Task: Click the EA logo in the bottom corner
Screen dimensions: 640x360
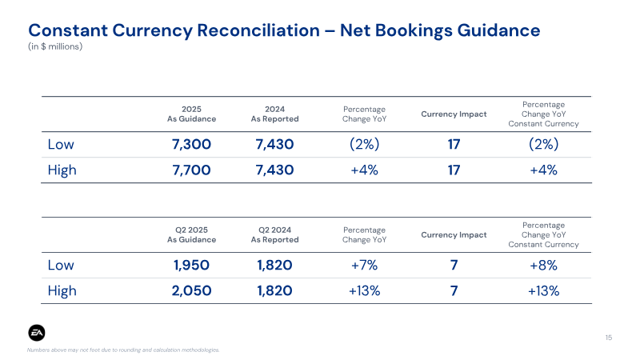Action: coord(37,333)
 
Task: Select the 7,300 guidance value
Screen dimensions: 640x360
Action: coord(191,144)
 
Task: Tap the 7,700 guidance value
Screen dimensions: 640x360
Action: coord(191,170)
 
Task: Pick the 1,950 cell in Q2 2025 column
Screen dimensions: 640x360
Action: coord(191,265)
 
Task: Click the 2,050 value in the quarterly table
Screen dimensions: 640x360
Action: coord(191,290)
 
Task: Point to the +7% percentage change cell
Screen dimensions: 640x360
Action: coord(364,265)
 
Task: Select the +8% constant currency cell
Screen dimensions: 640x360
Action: coord(543,266)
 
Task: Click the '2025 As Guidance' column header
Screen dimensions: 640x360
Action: coord(191,114)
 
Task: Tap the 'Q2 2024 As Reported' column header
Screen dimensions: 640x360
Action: coord(274,234)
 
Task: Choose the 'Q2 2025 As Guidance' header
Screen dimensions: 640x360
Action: coord(191,234)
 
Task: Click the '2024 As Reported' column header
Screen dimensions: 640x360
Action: coord(274,114)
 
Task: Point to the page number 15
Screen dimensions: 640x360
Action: coord(609,338)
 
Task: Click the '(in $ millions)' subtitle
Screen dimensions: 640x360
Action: coord(55,46)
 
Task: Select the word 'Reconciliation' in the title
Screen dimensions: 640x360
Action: coord(258,30)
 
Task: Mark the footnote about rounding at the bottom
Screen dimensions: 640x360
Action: coord(123,350)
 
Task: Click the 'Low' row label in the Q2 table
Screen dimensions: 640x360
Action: coord(61,265)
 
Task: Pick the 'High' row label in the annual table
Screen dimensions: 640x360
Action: coord(62,170)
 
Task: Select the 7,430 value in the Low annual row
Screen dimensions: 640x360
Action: coord(274,144)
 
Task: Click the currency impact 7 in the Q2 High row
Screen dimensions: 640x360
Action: coord(454,290)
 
